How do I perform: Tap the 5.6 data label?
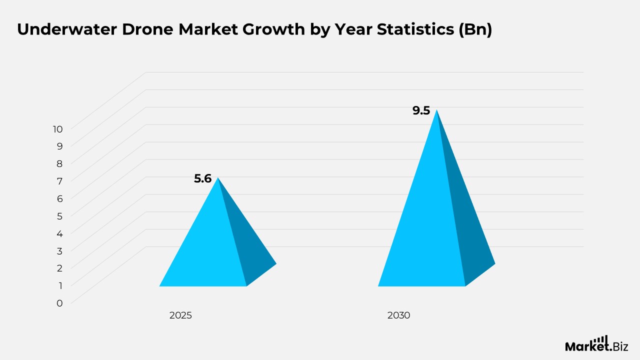(202, 178)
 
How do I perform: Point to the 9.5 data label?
(421, 110)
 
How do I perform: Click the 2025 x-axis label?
(180, 315)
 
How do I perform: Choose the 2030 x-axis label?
(398, 315)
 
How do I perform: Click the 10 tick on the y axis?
(57, 129)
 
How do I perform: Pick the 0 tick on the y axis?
(59, 303)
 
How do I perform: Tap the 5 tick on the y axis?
(59, 216)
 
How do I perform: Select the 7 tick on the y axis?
(59, 181)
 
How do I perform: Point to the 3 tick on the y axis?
(59, 251)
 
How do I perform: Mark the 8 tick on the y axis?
(59, 164)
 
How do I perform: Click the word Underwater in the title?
(67, 29)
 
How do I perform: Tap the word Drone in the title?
(147, 29)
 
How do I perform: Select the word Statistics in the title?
(415, 29)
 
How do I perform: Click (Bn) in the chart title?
(475, 29)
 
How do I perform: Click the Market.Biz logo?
(596, 343)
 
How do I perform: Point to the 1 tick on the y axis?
(60, 285)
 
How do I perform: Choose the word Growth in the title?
(273, 29)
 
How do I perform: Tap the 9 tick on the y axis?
(59, 146)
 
